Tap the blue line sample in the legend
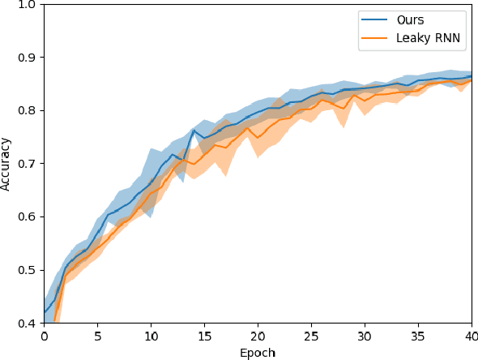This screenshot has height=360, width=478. coord(373,19)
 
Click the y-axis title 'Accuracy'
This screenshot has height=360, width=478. coord(6,164)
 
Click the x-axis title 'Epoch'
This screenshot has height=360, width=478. coord(257,353)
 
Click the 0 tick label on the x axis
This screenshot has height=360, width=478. coord(44,336)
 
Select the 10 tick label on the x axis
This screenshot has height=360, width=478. coord(151,336)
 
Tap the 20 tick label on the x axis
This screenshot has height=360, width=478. coord(258,336)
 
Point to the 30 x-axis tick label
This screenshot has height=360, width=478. coord(365,336)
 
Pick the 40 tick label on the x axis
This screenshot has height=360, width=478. coord(471,336)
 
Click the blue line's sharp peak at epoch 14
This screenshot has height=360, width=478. coord(193,130)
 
